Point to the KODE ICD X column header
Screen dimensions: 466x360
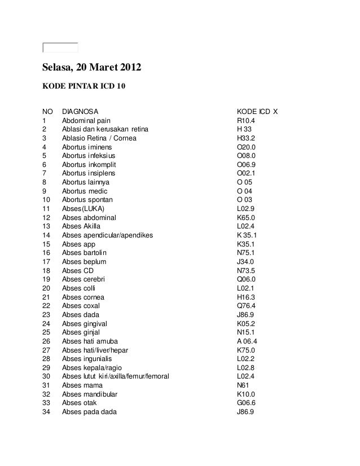coord(257,112)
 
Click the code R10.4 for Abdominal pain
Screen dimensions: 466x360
coord(246,121)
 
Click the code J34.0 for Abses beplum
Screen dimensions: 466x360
coord(245,262)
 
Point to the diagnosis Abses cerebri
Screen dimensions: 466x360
coord(84,280)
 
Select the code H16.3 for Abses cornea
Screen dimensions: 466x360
coord(246,297)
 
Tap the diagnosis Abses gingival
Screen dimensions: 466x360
coord(85,324)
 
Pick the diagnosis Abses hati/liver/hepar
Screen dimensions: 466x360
coord(95,350)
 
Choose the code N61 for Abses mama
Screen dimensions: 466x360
coord(243,386)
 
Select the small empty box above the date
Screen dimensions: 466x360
coord(60,47)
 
